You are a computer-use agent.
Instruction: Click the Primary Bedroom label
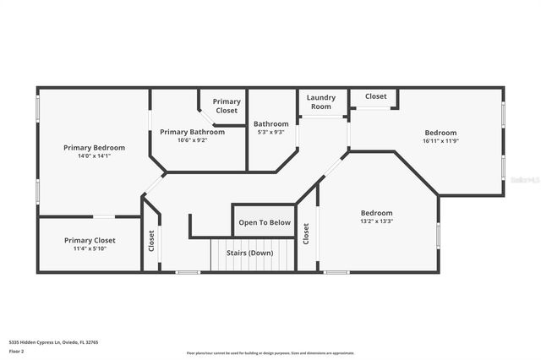(94, 148)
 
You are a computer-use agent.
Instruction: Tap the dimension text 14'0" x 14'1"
(94, 156)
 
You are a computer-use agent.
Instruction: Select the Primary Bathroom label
(192, 132)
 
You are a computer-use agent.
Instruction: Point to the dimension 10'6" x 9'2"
(192, 140)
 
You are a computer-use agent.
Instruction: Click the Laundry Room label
(320, 102)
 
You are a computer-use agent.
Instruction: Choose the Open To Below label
(265, 223)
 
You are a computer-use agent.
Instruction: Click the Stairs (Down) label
(249, 253)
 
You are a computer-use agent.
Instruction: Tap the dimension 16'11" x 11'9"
(440, 141)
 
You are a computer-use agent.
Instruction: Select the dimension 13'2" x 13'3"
(376, 221)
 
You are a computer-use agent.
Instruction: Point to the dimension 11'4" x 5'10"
(90, 249)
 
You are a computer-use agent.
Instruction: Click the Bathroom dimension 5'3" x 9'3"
(270, 132)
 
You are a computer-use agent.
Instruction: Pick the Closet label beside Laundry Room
(375, 96)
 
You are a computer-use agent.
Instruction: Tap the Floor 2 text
(16, 351)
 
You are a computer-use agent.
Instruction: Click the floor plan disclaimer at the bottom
(270, 353)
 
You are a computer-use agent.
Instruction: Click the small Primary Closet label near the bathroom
(227, 106)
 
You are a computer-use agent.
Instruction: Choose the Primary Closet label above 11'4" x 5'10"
(90, 241)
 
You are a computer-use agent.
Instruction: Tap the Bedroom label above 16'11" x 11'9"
(440, 133)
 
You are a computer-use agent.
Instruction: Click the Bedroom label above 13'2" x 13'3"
(376, 213)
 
